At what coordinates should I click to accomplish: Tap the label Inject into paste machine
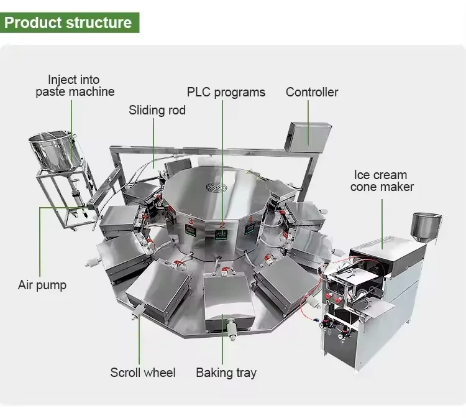pyautogui.click(x=73, y=85)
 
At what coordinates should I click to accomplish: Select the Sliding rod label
pyautogui.click(x=157, y=111)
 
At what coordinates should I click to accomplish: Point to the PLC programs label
pyautogui.click(x=226, y=93)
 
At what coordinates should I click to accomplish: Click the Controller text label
pyautogui.click(x=312, y=92)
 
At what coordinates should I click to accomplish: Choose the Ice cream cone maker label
pyautogui.click(x=381, y=180)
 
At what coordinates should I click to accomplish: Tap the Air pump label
pyautogui.click(x=42, y=286)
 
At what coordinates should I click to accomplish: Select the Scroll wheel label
pyautogui.click(x=143, y=373)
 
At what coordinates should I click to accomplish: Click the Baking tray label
pyautogui.click(x=226, y=373)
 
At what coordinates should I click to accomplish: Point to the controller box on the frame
pyautogui.click(x=309, y=133)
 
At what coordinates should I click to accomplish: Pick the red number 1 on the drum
pyautogui.click(x=250, y=219)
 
